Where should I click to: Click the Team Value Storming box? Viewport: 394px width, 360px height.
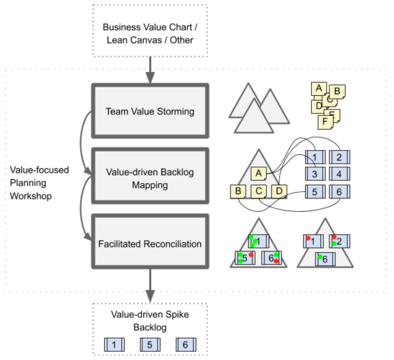(x=149, y=111)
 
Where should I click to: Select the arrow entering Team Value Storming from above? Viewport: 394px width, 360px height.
(x=150, y=71)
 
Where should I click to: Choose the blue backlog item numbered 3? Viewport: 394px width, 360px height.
(x=314, y=174)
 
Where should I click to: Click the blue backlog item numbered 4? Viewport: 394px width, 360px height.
(x=339, y=174)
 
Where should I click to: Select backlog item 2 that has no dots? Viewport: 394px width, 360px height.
(x=339, y=156)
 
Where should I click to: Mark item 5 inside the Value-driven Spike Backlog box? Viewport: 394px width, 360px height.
(x=149, y=345)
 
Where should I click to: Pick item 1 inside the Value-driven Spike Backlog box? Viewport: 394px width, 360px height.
(x=114, y=345)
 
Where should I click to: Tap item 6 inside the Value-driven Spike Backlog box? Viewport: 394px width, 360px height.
(x=185, y=345)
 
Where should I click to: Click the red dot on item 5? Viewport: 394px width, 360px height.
(x=251, y=255)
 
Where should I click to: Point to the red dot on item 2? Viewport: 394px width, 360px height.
(x=334, y=237)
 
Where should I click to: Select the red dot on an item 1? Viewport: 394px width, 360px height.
(x=308, y=239)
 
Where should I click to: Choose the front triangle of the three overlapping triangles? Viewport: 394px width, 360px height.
(x=253, y=117)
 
